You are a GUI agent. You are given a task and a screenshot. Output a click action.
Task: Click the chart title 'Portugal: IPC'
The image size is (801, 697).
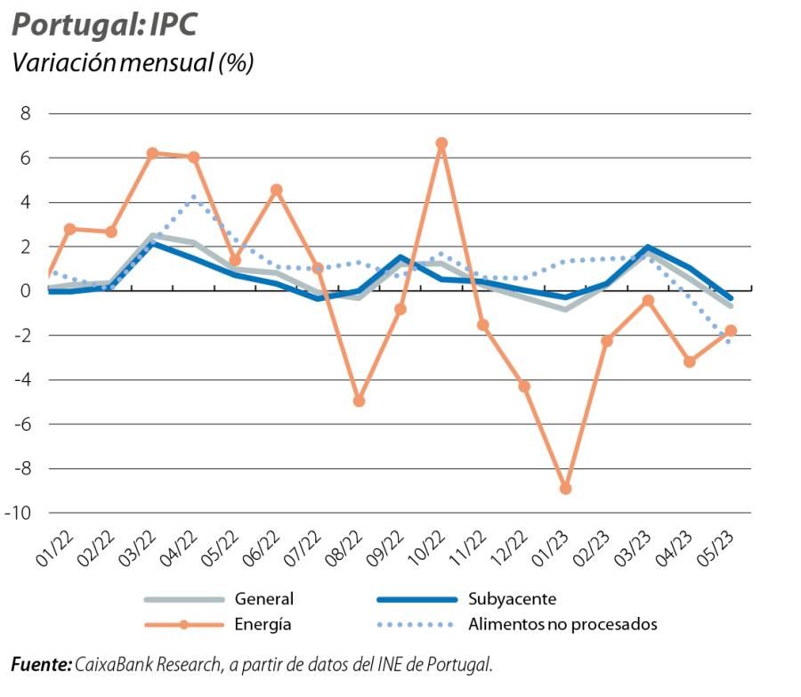point(103,25)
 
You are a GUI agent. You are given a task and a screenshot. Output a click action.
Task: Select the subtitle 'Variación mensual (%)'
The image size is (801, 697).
point(132,64)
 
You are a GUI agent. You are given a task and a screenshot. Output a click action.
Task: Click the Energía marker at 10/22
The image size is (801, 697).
point(441,143)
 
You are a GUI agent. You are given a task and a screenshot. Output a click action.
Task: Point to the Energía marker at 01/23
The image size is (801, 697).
point(565,489)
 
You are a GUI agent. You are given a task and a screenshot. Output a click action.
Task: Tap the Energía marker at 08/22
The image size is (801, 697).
point(360,401)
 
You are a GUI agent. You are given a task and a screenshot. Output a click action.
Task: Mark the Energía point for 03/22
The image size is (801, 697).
point(152,153)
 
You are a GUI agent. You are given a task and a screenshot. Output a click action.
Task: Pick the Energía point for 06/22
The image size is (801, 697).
point(277,190)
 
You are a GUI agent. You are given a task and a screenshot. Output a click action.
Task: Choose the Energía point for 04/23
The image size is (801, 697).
point(690,361)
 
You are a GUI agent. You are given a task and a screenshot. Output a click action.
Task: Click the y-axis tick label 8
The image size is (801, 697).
point(25,114)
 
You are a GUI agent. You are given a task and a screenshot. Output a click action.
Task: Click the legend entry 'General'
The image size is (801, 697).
point(263,599)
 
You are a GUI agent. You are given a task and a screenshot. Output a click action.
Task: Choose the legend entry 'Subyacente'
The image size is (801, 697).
point(512,599)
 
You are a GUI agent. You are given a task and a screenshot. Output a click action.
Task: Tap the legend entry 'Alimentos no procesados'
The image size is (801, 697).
point(562,624)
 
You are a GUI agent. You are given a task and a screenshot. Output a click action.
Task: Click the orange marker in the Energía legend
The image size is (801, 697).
point(184,624)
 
